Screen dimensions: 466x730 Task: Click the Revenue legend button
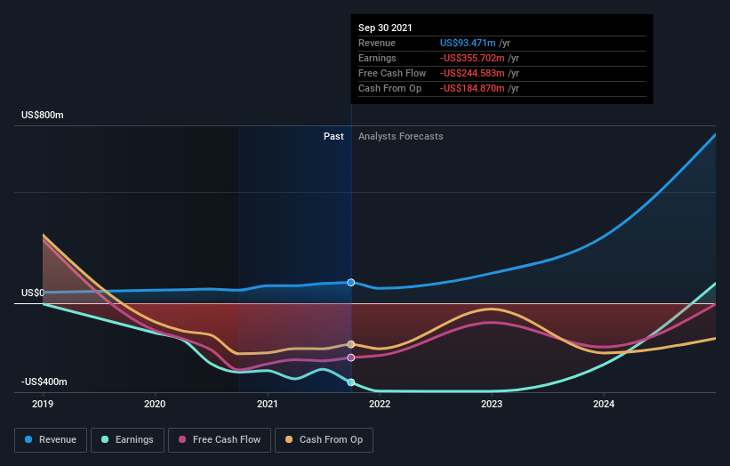(x=52, y=439)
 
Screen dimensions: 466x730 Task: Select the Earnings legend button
(x=128, y=439)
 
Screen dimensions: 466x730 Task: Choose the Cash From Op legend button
(x=325, y=439)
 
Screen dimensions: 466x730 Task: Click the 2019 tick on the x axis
(x=44, y=404)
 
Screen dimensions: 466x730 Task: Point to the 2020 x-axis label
(x=156, y=404)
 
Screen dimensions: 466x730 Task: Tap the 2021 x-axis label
(x=268, y=404)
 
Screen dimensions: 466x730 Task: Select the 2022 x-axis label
(x=380, y=404)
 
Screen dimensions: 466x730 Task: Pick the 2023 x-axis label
(x=492, y=404)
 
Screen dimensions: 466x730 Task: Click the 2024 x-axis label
(x=604, y=404)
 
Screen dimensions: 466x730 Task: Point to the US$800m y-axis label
(x=44, y=116)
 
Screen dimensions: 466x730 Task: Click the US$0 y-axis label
(x=33, y=293)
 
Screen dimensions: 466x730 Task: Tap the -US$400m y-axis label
(x=44, y=382)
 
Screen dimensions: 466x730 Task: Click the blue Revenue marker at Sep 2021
(x=351, y=282)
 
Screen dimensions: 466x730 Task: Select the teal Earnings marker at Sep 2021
(x=351, y=382)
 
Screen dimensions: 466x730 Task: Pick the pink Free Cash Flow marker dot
(x=351, y=358)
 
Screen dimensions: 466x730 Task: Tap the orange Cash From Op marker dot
(x=351, y=344)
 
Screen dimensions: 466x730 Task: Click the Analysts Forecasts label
(x=400, y=136)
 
